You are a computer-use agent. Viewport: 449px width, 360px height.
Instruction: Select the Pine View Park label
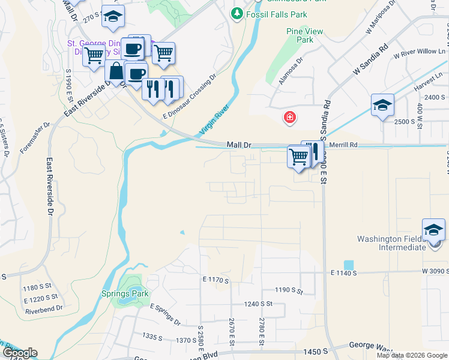[305, 35]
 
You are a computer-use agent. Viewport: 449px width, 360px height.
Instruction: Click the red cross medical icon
[290, 117]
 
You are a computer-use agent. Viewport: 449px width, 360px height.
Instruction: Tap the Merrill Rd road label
[343, 145]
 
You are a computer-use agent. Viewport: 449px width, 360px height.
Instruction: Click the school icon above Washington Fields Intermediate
[433, 230]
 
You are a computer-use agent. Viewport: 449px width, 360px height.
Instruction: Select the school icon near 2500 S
[382, 105]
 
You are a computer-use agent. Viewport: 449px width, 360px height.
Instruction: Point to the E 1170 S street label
[217, 280]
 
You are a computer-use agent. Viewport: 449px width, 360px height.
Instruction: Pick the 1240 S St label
[258, 304]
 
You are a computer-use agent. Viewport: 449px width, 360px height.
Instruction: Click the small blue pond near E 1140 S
[349, 265]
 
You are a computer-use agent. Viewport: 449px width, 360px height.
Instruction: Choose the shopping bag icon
[115, 71]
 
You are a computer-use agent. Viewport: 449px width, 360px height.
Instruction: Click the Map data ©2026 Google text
[412, 355]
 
